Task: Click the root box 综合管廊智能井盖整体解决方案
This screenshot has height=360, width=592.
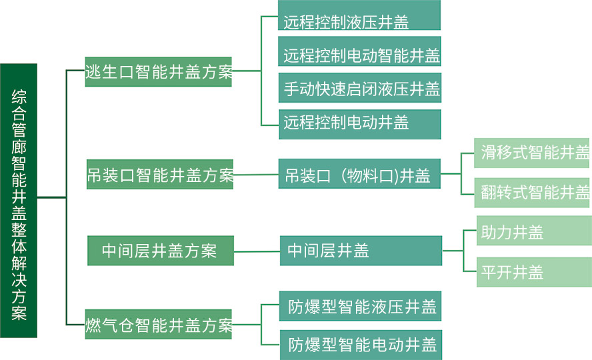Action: click(x=19, y=200)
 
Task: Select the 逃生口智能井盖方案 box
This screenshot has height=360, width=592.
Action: click(x=159, y=72)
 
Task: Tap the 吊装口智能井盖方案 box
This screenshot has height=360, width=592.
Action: click(x=160, y=175)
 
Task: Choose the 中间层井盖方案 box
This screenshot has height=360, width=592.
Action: click(x=159, y=251)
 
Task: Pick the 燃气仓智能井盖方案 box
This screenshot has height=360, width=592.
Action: click(x=159, y=325)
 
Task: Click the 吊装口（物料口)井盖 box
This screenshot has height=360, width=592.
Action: click(x=360, y=175)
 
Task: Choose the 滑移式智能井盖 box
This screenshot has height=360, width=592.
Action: click(x=533, y=153)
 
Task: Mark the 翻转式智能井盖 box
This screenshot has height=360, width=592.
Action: click(x=533, y=193)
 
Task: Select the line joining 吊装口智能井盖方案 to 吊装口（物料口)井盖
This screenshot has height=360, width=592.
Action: click(x=256, y=176)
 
